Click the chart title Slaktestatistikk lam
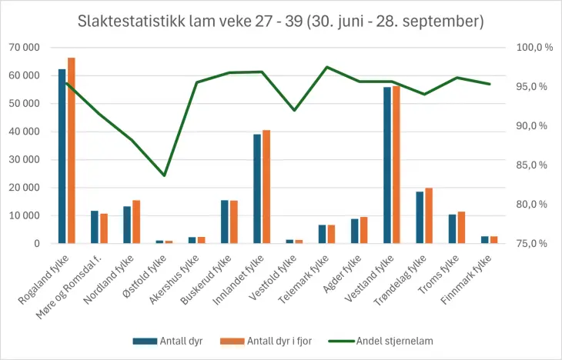(x=280, y=22)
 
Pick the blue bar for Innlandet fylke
(x=257, y=188)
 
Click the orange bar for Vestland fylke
(x=396, y=165)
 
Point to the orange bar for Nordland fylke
(x=136, y=222)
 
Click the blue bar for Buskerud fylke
(x=225, y=222)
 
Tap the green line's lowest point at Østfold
(x=164, y=175)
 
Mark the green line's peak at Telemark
(x=326, y=67)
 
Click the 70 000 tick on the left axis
(x=25, y=48)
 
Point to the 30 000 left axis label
(x=25, y=160)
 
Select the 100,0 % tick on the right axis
(x=534, y=48)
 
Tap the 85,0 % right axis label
(x=534, y=165)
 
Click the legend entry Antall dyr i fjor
(x=274, y=341)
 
